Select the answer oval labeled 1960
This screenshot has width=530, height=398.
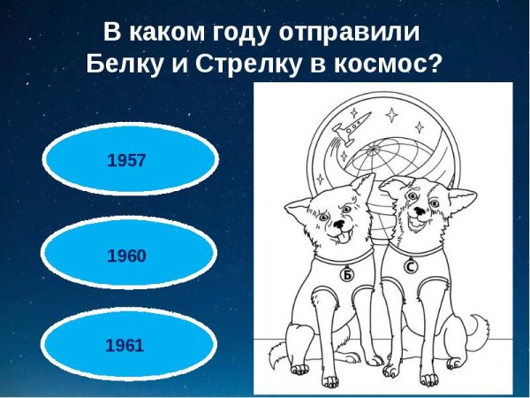pos(129,256)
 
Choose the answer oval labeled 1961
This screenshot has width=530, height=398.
pos(129,345)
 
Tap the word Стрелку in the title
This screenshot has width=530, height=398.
pos(252,65)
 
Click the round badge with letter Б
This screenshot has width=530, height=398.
pos(348,275)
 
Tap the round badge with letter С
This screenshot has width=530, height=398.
pos(411,264)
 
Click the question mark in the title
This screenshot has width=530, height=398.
pos(433,65)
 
